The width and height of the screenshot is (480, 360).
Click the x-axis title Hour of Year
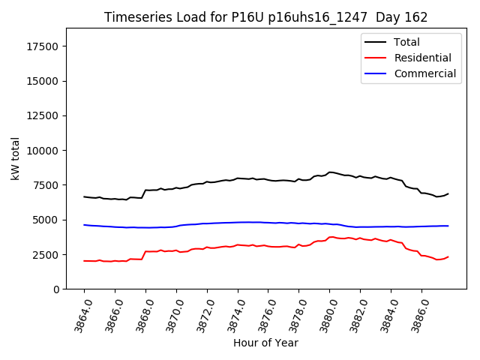pyautogui.click(x=265, y=343)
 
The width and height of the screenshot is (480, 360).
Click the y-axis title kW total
pyautogui.click(x=15, y=158)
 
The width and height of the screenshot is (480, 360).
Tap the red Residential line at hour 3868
pyautogui.click(x=145, y=252)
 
